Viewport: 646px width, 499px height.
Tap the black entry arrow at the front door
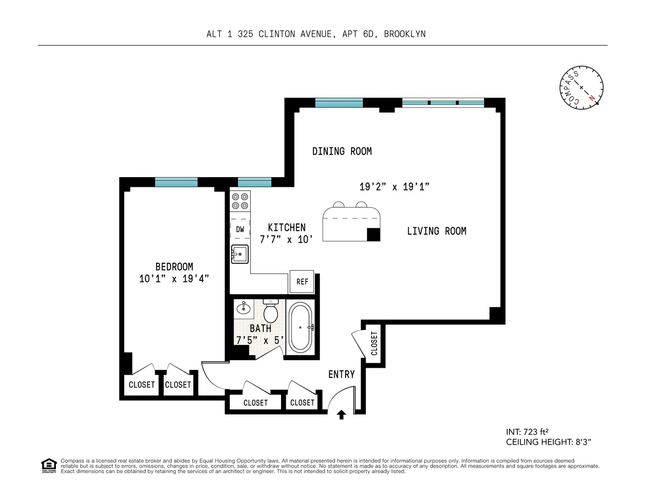click(341, 414)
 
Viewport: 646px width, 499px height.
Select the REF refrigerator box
click(302, 282)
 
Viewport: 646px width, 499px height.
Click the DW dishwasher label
click(240, 229)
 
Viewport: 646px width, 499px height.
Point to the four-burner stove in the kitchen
click(240, 201)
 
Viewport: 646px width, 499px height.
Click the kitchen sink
click(240, 254)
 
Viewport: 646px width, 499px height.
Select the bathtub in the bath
click(300, 327)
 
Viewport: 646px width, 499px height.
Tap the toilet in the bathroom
click(270, 311)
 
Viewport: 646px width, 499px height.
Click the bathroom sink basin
click(243, 309)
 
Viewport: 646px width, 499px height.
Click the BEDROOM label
click(174, 266)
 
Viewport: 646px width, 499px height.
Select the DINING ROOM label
click(342, 151)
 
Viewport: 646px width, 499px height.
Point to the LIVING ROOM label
click(436, 231)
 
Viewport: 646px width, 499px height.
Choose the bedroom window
click(176, 182)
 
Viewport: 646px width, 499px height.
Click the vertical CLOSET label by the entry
click(374, 343)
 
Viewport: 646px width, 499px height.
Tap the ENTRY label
click(341, 374)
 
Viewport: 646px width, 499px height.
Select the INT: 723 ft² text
click(527, 431)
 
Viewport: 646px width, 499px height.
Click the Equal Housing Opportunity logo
click(49, 466)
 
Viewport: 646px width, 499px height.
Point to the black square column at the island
click(374, 234)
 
